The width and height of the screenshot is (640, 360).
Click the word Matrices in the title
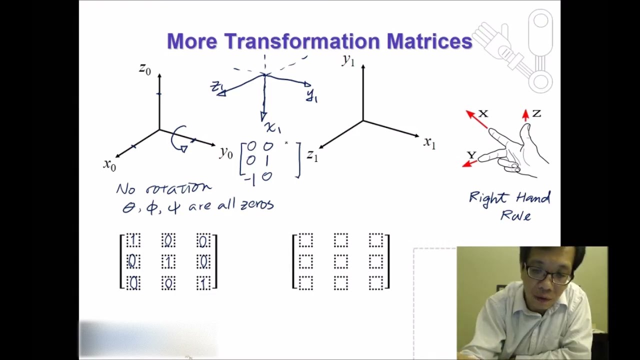(x=429, y=41)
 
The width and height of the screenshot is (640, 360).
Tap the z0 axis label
(x=145, y=69)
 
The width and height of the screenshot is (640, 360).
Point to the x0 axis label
(x=109, y=164)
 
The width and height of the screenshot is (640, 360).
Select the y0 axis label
(x=226, y=152)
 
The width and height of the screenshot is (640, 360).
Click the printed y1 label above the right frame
(x=348, y=60)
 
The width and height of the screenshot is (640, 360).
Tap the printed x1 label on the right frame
(x=429, y=143)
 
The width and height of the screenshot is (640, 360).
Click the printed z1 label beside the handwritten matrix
(x=312, y=156)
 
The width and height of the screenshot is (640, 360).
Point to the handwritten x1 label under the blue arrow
(x=273, y=128)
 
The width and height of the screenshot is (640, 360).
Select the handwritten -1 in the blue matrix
(x=250, y=178)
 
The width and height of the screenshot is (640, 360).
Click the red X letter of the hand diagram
(x=483, y=113)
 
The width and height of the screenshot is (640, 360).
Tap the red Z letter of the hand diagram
(x=536, y=113)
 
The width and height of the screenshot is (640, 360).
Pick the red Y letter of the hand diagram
(x=471, y=155)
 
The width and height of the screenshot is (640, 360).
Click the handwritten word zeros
(x=257, y=205)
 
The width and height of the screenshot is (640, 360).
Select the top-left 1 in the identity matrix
(x=133, y=240)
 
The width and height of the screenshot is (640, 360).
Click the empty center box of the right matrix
(x=340, y=261)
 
